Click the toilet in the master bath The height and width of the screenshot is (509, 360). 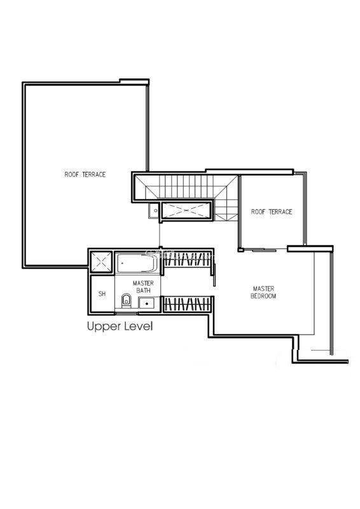click(x=126, y=301)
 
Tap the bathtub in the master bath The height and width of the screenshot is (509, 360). click(x=137, y=263)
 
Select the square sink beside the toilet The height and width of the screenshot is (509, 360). click(x=148, y=303)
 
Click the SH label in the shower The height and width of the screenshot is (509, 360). click(x=102, y=294)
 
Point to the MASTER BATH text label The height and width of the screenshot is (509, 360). click(x=143, y=287)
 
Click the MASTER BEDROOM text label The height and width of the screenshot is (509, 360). click(x=263, y=292)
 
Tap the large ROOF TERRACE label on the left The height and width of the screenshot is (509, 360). click(x=85, y=174)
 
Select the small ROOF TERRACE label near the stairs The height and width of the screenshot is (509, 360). click(x=272, y=212)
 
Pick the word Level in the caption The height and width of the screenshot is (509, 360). click(x=139, y=326)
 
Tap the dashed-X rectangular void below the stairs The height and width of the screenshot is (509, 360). click(x=186, y=211)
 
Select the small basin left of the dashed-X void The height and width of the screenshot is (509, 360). click(x=154, y=211)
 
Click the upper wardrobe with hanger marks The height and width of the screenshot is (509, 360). click(x=187, y=259)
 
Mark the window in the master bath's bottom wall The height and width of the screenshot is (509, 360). click(x=127, y=313)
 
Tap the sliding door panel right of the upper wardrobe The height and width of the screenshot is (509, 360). click(x=214, y=275)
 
